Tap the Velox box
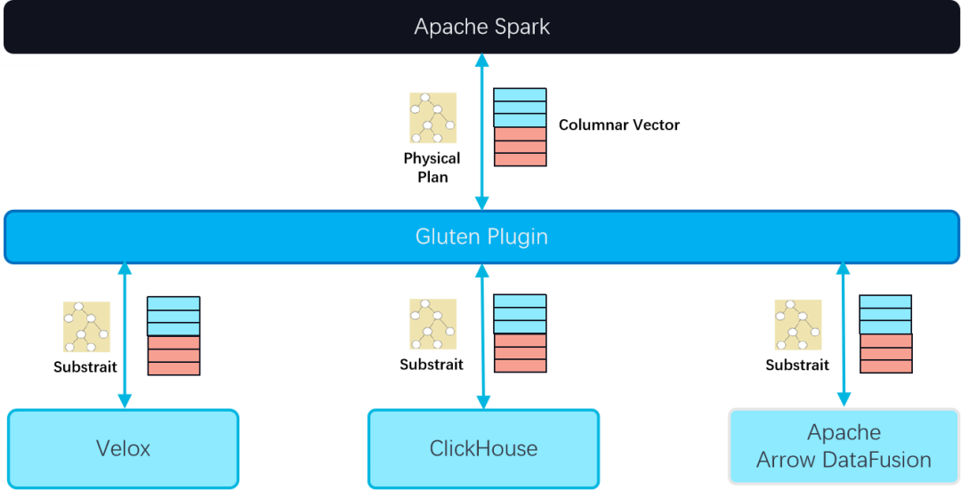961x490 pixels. (x=124, y=447)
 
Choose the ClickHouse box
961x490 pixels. (x=483, y=447)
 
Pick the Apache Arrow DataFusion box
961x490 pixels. (x=843, y=446)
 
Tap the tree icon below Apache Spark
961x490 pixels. (x=432, y=117)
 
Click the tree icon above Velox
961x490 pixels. (x=87, y=326)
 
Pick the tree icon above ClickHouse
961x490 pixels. (x=432, y=324)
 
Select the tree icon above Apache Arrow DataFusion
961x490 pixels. (x=798, y=325)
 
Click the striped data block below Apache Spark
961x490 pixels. (x=520, y=127)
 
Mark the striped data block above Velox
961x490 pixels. (x=174, y=335)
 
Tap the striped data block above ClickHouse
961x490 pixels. (x=520, y=333)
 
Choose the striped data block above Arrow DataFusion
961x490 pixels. (x=885, y=334)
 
